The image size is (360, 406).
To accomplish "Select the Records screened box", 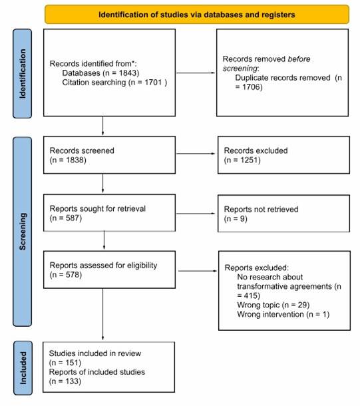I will click(x=109, y=155).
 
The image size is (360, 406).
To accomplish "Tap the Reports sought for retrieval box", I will click(x=109, y=212).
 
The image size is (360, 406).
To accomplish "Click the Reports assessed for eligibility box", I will click(x=109, y=270).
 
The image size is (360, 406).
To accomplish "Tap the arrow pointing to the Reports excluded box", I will click(x=197, y=270).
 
